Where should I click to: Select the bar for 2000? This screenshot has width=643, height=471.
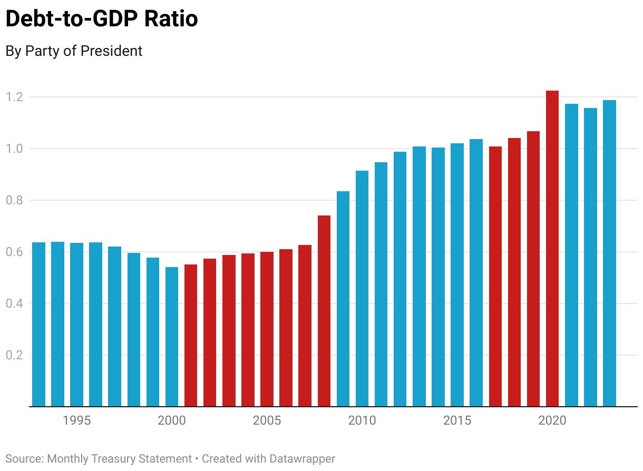tap(172, 337)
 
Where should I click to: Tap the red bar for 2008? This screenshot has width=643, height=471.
tap(324, 311)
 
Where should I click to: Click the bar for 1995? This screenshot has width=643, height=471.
tap(77, 325)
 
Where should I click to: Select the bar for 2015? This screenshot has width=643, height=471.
tap(457, 274)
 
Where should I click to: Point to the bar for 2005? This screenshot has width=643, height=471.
tap(267, 329)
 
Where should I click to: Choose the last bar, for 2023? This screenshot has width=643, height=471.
tap(609, 253)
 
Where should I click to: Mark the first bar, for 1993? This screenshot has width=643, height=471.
tap(38, 325)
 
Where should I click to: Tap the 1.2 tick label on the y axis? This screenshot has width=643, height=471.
tap(14, 97)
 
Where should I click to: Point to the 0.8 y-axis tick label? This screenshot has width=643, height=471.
tap(14, 200)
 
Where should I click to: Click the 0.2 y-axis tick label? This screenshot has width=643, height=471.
tap(14, 355)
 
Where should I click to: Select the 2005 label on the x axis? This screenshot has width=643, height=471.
tap(267, 420)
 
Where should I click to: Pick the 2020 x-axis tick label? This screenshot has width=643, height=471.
tap(552, 420)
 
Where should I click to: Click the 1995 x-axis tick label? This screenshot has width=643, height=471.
tap(77, 420)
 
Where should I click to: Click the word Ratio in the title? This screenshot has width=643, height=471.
tap(172, 19)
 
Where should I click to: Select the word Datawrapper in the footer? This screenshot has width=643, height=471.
tap(303, 458)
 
